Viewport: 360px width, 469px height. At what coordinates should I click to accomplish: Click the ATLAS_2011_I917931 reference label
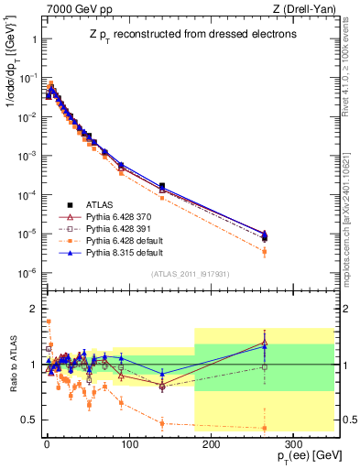[190, 274]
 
